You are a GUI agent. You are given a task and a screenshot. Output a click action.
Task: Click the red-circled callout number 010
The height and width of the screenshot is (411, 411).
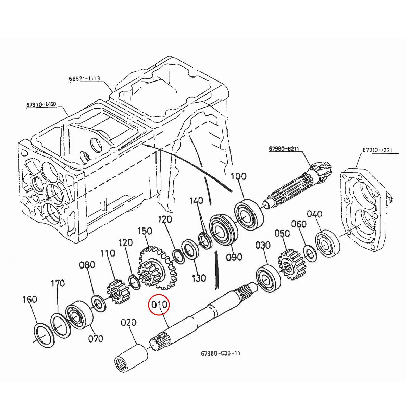pyautogui.click(x=159, y=304)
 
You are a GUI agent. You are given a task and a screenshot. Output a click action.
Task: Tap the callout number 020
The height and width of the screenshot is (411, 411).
pyautogui.click(x=129, y=323)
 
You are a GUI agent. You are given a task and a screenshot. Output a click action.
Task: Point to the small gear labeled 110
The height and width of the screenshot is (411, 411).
pyautogui.click(x=115, y=291)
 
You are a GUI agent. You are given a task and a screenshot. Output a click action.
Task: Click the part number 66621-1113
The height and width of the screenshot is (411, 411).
pyautogui.click(x=84, y=78)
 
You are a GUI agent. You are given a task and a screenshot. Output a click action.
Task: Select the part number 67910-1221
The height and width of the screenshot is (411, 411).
pyautogui.click(x=377, y=150)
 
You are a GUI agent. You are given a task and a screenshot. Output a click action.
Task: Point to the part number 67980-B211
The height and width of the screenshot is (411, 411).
pyautogui.click(x=284, y=149)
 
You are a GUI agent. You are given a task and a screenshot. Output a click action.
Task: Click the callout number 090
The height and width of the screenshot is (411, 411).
pyautogui.click(x=234, y=257)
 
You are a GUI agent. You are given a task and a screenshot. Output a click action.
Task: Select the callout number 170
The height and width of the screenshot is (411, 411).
pyautogui.click(x=58, y=284)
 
